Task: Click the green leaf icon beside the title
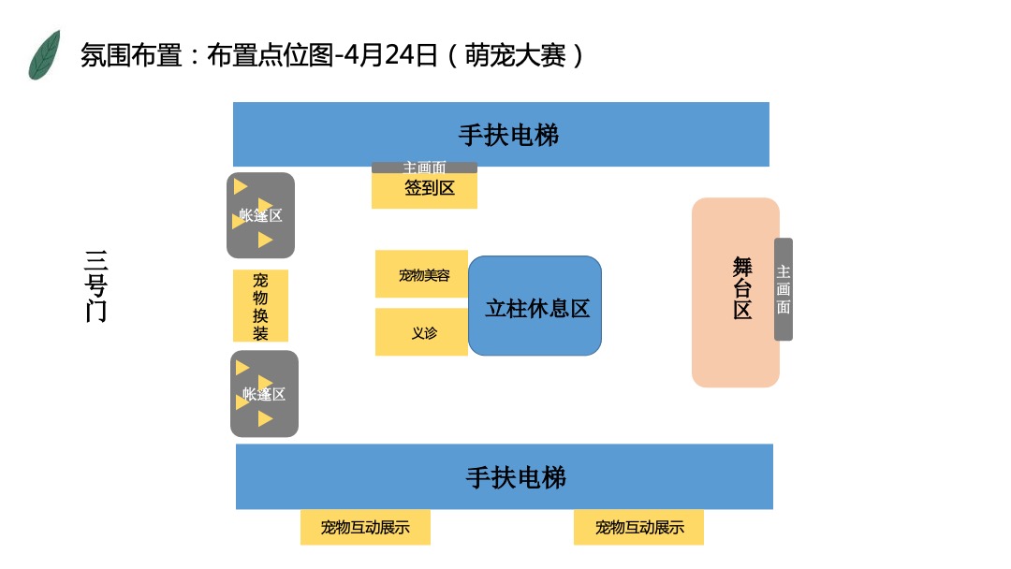(44, 54)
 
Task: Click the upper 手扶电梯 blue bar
(501, 135)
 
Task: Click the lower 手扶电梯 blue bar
(505, 477)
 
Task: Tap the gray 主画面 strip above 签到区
(424, 168)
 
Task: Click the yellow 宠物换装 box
(260, 306)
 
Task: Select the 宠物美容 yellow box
(421, 274)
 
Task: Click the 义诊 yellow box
(421, 332)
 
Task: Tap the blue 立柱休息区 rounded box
(535, 307)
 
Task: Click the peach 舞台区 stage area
(736, 292)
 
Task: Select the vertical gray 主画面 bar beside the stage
(784, 289)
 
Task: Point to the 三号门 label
(95, 286)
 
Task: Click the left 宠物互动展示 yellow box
(365, 527)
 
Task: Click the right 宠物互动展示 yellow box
(638, 527)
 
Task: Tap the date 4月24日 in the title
(391, 55)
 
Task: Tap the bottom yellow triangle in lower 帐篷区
(265, 419)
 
